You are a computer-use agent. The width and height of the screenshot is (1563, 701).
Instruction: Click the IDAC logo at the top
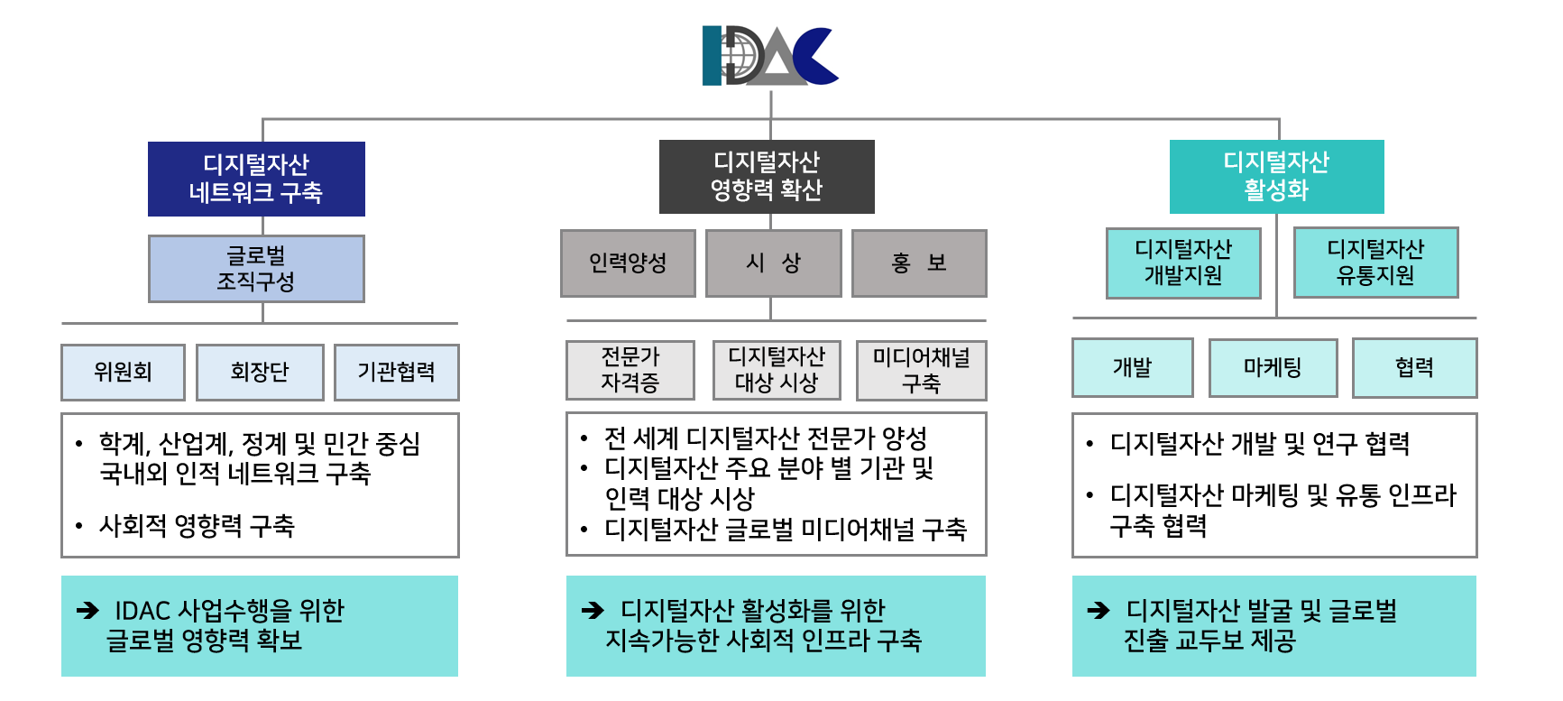coord(770,56)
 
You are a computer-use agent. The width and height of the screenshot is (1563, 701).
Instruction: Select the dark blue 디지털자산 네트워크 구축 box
coord(256,179)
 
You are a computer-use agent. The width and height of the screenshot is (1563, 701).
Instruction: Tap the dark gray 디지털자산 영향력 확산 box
coord(767,177)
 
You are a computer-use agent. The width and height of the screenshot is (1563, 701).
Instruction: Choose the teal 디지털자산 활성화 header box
coord(1276,177)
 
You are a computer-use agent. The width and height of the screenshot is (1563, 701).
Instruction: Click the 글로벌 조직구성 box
coord(256,269)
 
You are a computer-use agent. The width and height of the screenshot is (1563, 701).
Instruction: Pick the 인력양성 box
coord(628,263)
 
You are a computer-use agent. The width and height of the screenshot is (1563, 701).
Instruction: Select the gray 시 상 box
coord(773,263)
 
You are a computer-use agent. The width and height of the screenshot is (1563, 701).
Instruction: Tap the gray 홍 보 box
coord(919,263)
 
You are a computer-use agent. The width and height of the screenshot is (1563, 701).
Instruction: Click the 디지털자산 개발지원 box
coord(1183,263)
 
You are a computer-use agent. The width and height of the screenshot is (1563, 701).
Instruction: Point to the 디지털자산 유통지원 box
coord(1375,263)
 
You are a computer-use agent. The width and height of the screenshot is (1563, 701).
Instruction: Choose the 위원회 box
coord(123,372)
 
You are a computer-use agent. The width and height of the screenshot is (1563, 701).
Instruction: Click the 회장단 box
coord(260,372)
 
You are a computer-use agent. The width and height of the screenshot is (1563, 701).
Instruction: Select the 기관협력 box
coord(396,372)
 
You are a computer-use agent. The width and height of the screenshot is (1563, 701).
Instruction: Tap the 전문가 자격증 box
coord(630,370)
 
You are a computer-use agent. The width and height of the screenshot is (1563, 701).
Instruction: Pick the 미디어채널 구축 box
coord(921,370)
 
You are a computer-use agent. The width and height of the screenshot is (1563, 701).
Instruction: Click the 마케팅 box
coord(1273,367)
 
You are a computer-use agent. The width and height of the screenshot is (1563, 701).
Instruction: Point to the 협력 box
coord(1414,367)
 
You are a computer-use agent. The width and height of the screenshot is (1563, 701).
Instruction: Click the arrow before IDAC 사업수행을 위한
coord(87,611)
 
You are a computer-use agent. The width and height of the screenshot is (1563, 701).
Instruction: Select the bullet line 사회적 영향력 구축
coord(197,526)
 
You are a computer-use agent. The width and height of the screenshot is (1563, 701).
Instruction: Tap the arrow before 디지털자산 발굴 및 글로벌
coord(1099,611)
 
